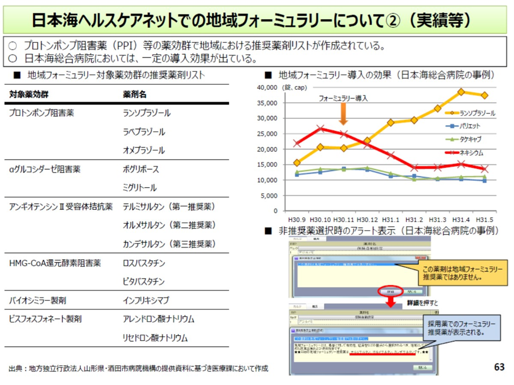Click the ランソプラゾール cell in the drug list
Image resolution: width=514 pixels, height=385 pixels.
pyautogui.click(x=146, y=113)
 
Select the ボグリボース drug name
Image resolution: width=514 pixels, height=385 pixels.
pyautogui.click(x=140, y=169)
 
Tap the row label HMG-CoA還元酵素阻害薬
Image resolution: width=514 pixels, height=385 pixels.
pyautogui.click(x=55, y=263)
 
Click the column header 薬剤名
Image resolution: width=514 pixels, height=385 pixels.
pyautogui.click(x=135, y=94)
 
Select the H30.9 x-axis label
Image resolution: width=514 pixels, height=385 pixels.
pyautogui.click(x=296, y=220)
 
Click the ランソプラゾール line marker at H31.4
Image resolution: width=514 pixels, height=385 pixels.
pyautogui.click(x=461, y=92)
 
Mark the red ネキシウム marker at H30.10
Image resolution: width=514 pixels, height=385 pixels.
pyautogui.click(x=320, y=129)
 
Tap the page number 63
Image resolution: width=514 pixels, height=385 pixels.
pyautogui.click(x=499, y=367)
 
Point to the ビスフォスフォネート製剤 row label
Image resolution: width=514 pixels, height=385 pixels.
pyautogui.click(x=45, y=319)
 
